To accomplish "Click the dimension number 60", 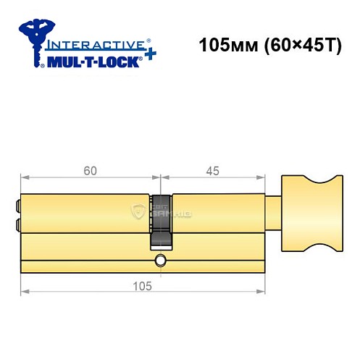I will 89,172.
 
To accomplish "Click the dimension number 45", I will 212,172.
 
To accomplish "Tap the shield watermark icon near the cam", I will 138,211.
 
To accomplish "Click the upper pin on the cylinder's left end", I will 17,205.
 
